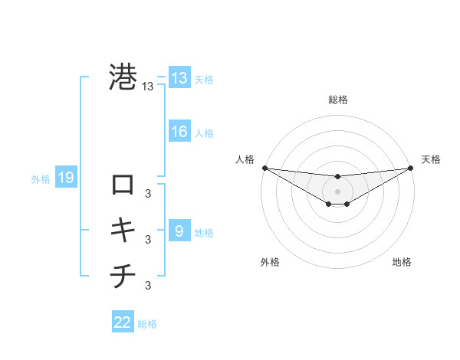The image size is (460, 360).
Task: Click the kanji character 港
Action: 123,77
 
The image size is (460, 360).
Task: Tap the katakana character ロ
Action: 123,185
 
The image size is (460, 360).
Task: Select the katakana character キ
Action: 123,229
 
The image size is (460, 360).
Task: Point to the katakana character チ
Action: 123,276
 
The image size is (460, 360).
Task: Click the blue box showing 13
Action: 179,78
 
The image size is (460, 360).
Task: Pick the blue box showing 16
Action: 179,132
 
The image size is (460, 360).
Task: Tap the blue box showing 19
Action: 65,178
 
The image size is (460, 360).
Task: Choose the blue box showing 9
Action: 179,231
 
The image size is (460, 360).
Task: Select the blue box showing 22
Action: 123,322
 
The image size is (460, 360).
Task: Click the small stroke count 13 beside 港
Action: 148,87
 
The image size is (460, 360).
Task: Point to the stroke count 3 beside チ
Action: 148,286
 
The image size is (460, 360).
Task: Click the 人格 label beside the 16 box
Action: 204,133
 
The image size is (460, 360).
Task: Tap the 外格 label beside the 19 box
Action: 41,179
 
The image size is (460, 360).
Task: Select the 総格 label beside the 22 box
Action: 148,324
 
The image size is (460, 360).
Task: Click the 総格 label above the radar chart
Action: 337,100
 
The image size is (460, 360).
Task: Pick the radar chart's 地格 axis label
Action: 402,262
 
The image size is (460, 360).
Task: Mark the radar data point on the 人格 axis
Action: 264,168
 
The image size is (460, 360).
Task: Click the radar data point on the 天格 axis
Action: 410,168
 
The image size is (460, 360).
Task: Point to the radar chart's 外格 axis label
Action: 270,262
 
